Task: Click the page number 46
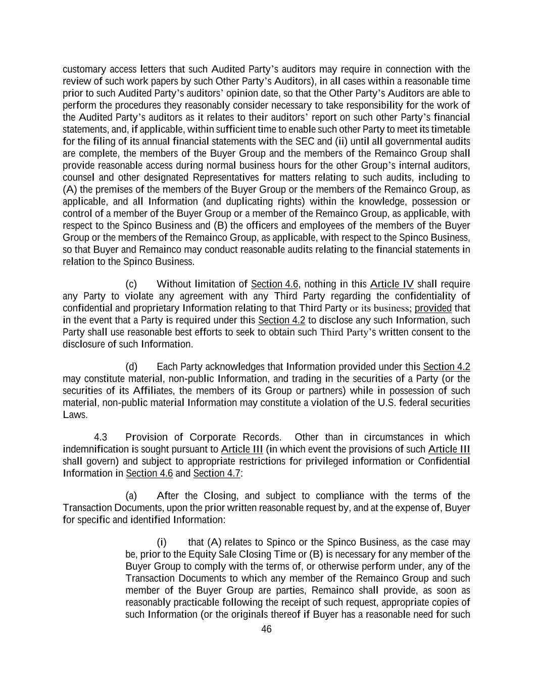pos(266,629)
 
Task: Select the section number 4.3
pos(101,437)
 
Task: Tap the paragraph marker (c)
pos(131,284)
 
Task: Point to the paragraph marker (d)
pos(131,366)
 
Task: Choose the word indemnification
pos(96,449)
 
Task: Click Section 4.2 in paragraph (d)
pos(446,366)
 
